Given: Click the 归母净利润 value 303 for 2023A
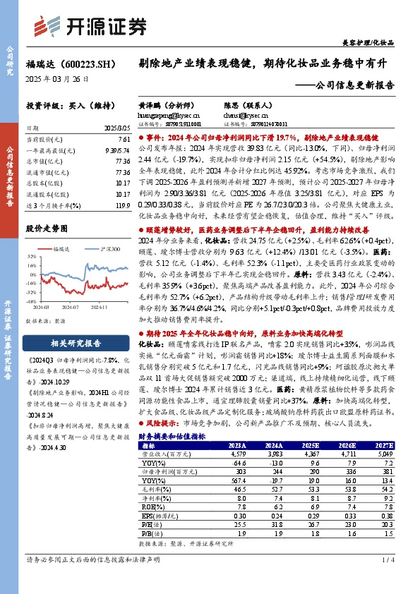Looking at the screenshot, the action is [x=222, y=470].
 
